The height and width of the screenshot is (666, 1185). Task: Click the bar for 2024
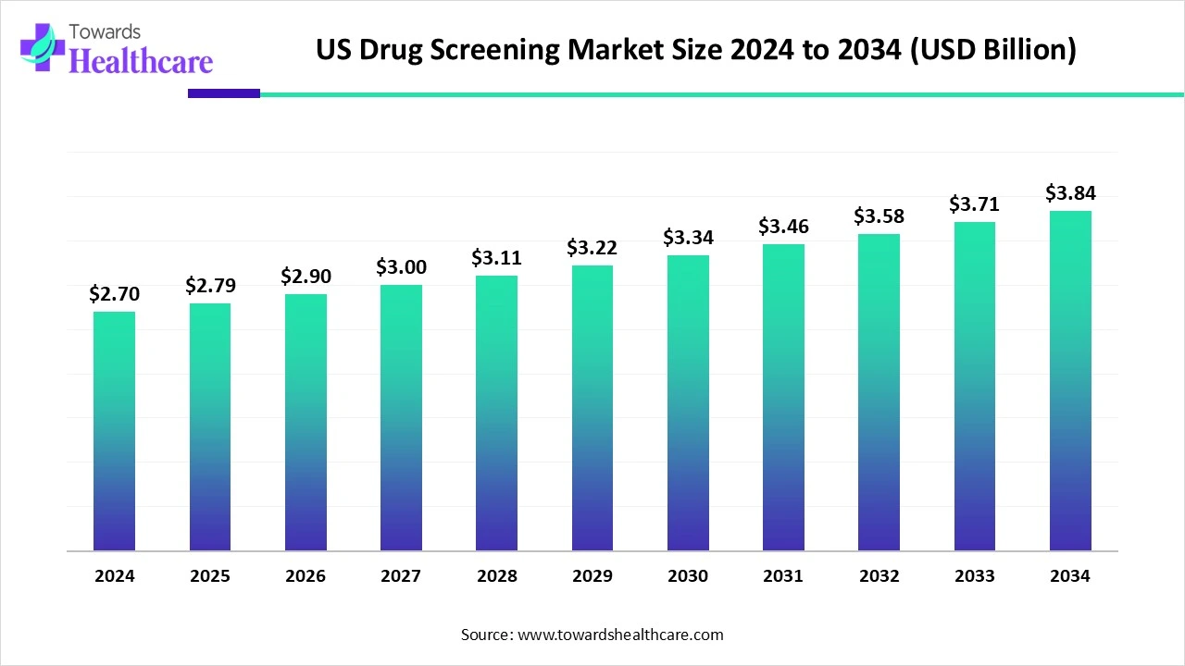coord(114,431)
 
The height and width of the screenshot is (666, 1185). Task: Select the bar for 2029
coord(592,408)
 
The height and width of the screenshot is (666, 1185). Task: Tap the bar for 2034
coord(1070,381)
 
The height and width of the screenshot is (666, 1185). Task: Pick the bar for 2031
coord(783,398)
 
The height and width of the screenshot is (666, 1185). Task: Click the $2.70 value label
coord(114,294)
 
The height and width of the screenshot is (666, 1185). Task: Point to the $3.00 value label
coord(401,267)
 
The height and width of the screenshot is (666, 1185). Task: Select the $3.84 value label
coord(1070,193)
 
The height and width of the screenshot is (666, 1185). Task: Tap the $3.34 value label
coord(688,238)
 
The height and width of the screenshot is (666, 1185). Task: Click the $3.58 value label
coord(879,216)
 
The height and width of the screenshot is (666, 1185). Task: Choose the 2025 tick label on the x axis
coord(210,576)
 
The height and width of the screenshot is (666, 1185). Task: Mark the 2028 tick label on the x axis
coord(497,576)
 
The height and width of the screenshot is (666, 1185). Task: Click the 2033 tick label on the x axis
coord(975,576)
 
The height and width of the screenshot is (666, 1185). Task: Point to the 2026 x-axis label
coord(306,576)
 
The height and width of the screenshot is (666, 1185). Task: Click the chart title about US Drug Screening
coord(696,50)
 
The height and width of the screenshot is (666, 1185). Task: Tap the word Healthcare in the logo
coord(141,61)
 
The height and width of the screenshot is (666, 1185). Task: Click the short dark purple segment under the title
coord(224,93)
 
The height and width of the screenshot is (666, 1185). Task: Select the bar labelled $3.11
coord(497,413)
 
